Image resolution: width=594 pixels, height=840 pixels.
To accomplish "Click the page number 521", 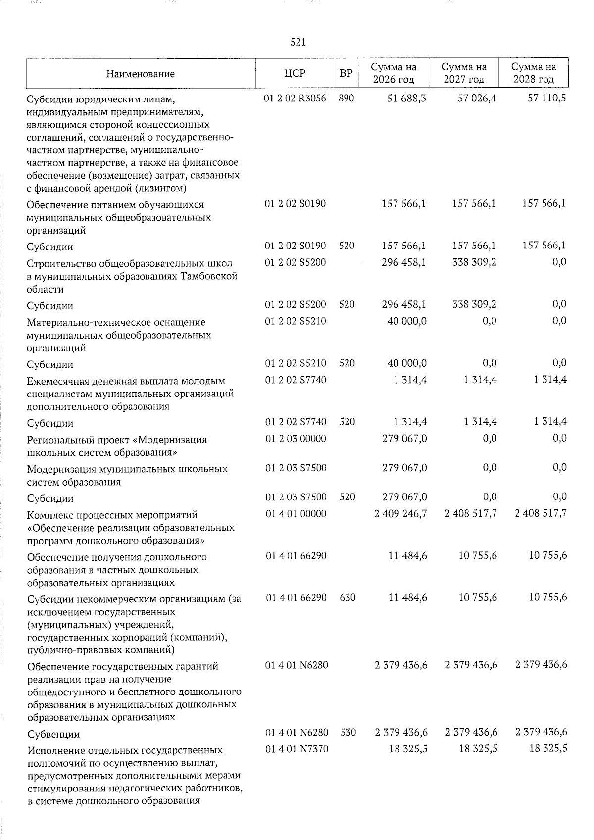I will pyautogui.click(x=298, y=43).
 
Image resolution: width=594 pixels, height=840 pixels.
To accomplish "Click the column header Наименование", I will pyautogui.click(x=140, y=74).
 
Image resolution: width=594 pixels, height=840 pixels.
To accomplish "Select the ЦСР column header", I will pyautogui.click(x=295, y=73).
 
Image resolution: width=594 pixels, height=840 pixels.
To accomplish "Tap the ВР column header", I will pyautogui.click(x=346, y=73).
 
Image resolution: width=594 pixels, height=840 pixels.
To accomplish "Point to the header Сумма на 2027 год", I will pyautogui.click(x=463, y=73).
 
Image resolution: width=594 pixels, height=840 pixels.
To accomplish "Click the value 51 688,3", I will pyautogui.click(x=408, y=99).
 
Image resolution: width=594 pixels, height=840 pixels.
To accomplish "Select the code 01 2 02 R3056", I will pyautogui.click(x=296, y=99).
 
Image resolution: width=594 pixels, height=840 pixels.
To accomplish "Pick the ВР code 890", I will pyautogui.click(x=346, y=99).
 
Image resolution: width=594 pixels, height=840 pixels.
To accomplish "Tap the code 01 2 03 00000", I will pyautogui.click(x=296, y=439).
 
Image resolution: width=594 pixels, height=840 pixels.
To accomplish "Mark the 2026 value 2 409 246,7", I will pyautogui.click(x=401, y=514).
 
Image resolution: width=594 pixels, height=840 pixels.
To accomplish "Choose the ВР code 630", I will pyautogui.click(x=347, y=598).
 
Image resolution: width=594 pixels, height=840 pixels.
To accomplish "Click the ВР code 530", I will pyautogui.click(x=348, y=732).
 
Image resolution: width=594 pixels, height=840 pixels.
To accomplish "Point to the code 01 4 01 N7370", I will pyautogui.click(x=297, y=749).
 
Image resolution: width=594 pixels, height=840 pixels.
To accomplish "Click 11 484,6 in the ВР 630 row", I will pyautogui.click(x=408, y=598).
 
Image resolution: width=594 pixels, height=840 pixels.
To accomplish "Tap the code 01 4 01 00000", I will pyautogui.click(x=296, y=514).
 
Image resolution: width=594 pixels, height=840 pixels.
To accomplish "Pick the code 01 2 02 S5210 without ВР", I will pyautogui.click(x=296, y=321).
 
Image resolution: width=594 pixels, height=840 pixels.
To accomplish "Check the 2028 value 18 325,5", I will pyautogui.click(x=547, y=749).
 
